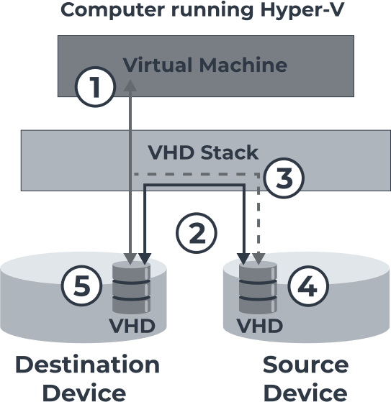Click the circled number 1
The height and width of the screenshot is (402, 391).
coord(95,86)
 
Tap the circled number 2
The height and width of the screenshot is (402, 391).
coord(197,233)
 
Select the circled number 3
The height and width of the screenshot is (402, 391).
coord(284,178)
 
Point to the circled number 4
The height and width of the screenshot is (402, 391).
coord(308,286)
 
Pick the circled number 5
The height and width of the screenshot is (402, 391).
coord(81,285)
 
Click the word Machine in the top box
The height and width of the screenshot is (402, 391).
coord(243,65)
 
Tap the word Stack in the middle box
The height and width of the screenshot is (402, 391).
coord(229,152)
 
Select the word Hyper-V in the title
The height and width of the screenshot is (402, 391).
coord(302,10)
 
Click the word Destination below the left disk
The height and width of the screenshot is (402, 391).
coord(88,365)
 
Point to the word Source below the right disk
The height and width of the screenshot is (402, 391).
coord(305,365)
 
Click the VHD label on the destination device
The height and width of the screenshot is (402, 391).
coord(132,326)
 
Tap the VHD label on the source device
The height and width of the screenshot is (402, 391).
coord(259,326)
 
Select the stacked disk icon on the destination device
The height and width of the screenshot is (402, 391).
coord(132,288)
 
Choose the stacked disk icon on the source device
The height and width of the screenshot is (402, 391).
coord(258,288)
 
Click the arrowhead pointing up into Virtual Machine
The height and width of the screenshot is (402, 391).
coord(130,85)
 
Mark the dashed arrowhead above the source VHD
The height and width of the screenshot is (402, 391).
coord(259,259)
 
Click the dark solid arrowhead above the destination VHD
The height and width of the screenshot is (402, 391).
coord(145,259)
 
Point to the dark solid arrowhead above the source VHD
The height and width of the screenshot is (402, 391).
coord(243,259)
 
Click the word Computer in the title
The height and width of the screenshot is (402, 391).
coord(113,10)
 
